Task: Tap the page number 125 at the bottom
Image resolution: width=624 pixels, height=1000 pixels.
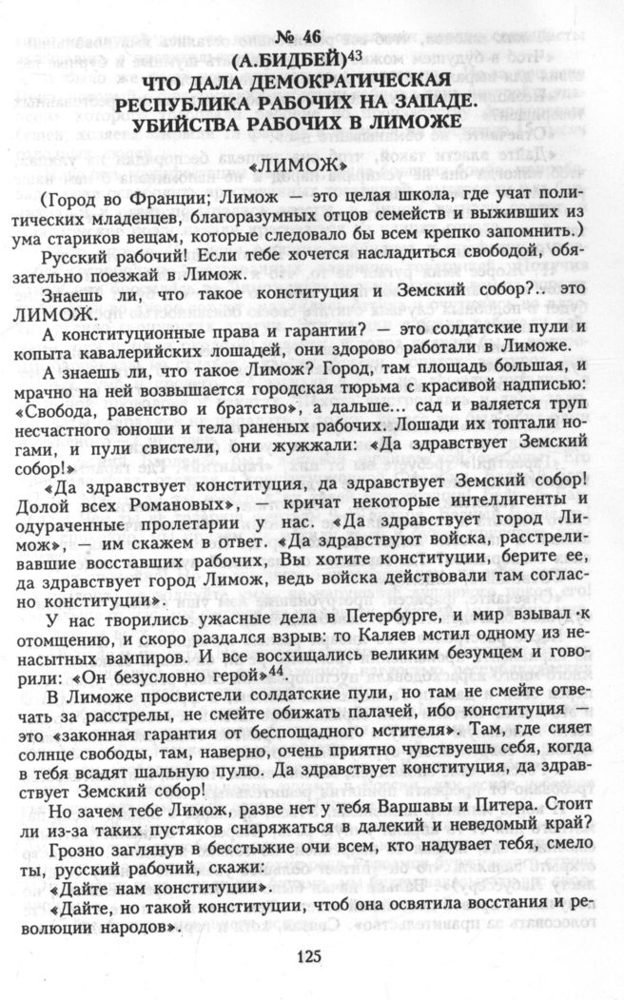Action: pos(310,958)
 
